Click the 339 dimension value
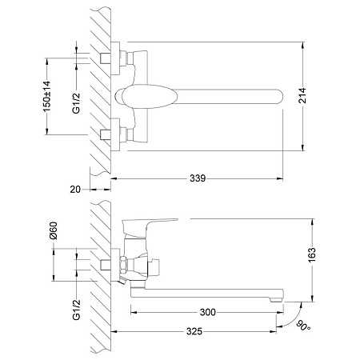[198, 178]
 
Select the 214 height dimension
[302, 95]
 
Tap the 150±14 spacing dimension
[46, 96]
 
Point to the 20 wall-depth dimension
[75, 190]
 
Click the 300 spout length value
[208, 312]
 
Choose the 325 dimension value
[194, 331]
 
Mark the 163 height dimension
[312, 255]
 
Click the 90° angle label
[303, 326]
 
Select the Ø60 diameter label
[54, 230]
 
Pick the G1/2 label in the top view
[76, 103]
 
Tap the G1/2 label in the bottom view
[76, 310]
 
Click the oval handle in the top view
[146, 97]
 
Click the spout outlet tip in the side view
[275, 300]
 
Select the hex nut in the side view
[123, 265]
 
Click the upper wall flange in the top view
[115, 58]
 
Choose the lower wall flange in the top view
[115, 134]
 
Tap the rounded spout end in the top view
[278, 97]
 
